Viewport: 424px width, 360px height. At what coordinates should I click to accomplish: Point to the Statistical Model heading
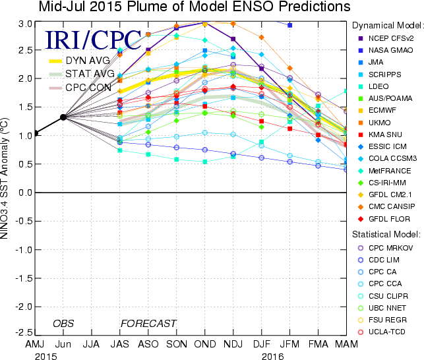point(386,233)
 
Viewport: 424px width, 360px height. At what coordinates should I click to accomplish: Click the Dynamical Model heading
point(387,23)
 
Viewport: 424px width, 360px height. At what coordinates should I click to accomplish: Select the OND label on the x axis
point(204,345)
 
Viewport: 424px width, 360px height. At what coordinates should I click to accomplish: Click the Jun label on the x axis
point(63,345)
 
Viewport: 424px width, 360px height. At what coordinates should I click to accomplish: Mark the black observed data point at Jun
point(63,117)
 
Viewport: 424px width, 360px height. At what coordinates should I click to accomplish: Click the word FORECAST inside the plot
point(148,324)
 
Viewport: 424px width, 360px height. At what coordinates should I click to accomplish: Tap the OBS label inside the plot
point(63,324)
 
